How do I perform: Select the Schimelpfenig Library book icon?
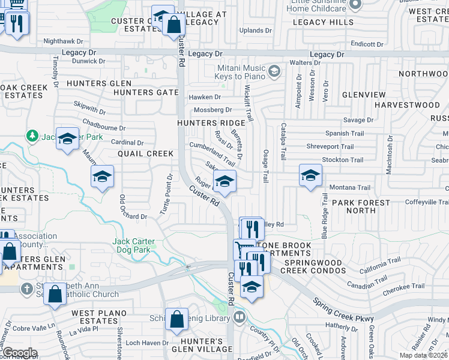pos(240,316)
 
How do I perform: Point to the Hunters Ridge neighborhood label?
pos(211,122)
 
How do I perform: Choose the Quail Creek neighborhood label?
pos(146,154)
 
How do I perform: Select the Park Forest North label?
pos(361,206)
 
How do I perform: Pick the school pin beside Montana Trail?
pos(310,176)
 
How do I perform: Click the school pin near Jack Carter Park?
pos(67,139)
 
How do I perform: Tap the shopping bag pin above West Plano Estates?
pos(55,295)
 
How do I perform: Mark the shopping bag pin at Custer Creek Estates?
pos(173,25)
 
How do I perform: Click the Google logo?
pos(20,353)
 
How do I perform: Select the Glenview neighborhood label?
pos(364,95)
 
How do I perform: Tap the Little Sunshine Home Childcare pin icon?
pos(354,5)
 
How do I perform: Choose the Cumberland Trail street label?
pos(212,153)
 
